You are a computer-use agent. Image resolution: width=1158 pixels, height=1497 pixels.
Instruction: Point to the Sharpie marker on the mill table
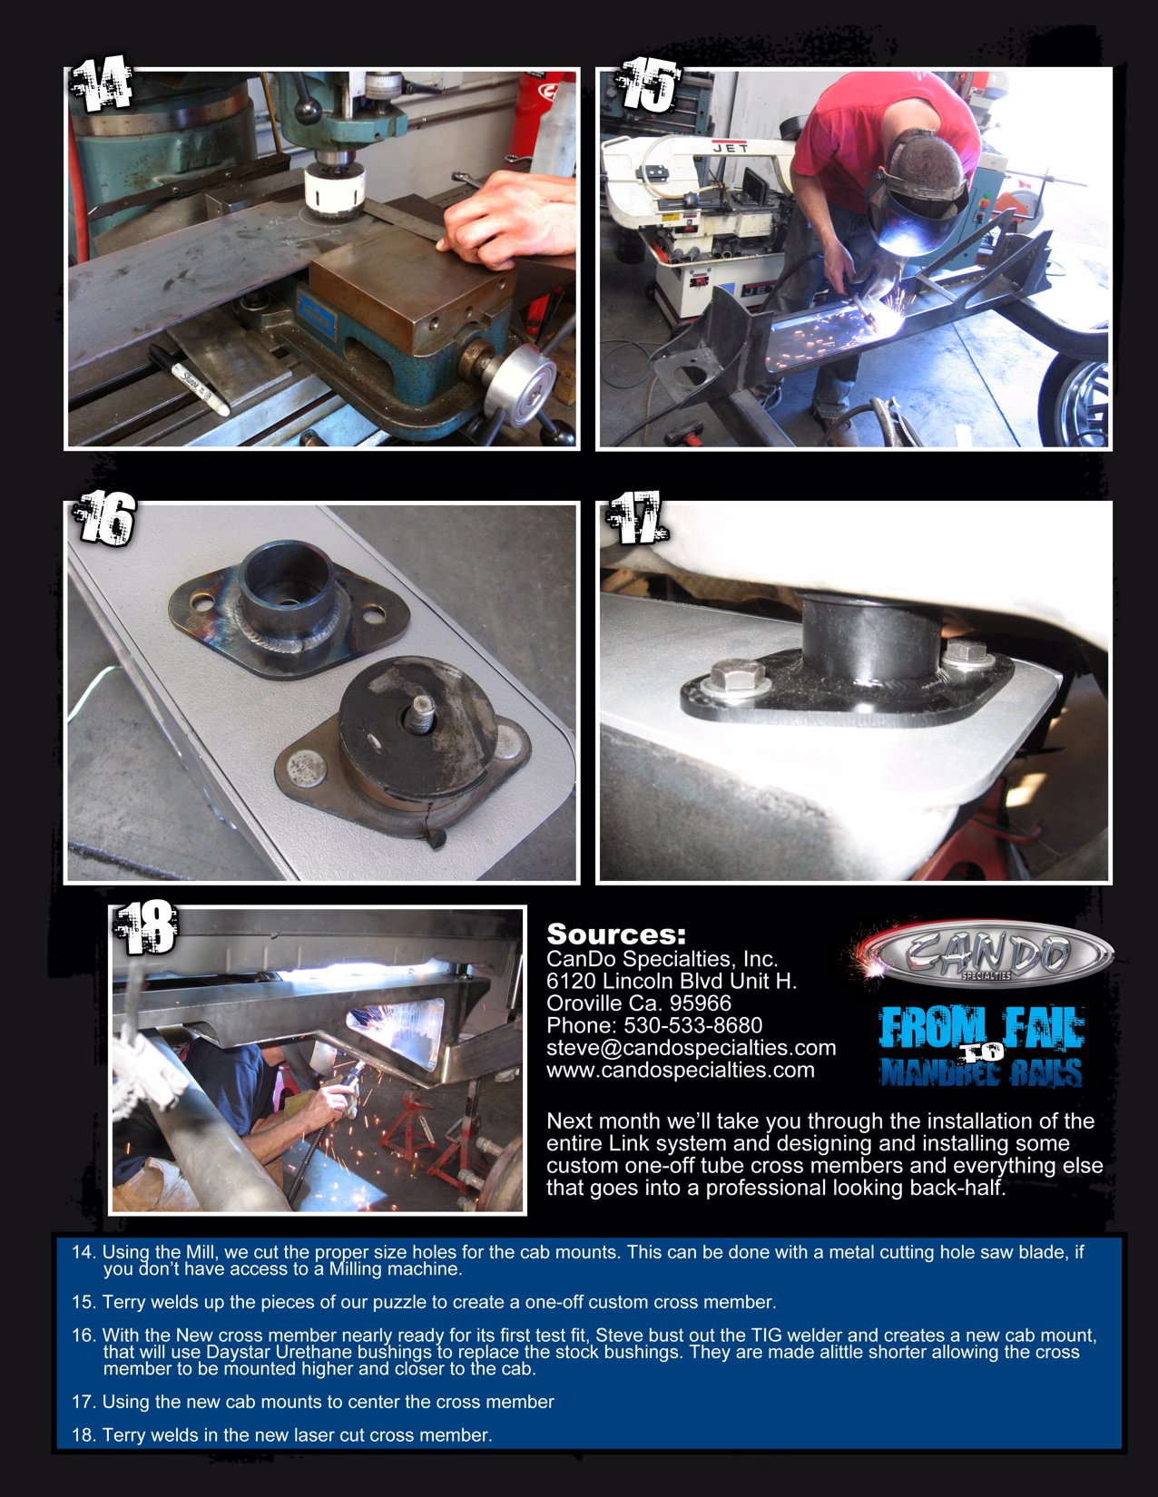[x=190, y=378]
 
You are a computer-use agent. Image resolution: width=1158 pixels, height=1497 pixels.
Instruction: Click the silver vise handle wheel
[x=520, y=383]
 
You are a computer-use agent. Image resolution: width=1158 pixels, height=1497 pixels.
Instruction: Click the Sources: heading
[x=616, y=934]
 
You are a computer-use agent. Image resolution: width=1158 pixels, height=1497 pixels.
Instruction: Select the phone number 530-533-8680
[x=692, y=1025]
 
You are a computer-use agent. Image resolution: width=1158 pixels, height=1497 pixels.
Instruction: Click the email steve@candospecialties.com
[x=691, y=1048]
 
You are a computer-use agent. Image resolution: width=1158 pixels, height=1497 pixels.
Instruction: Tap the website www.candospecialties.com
[x=680, y=1071]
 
